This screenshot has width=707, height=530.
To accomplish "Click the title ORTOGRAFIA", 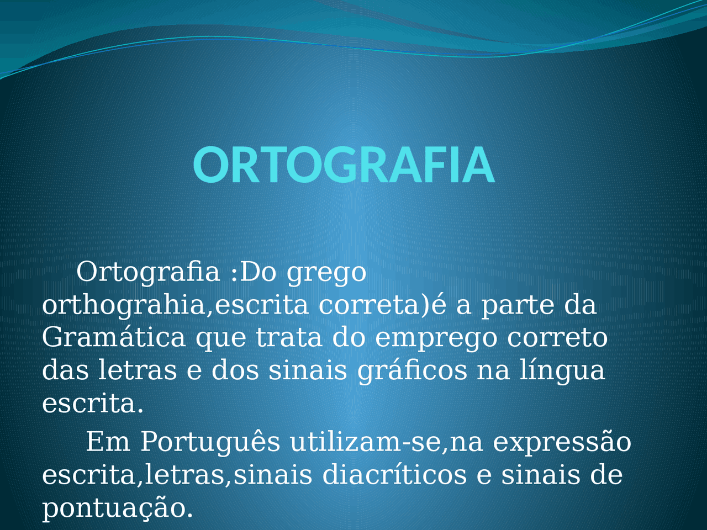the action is coord(344,165).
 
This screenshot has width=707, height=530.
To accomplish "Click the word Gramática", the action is coord(114,337).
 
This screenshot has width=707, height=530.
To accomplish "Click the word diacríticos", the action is coord(394,474).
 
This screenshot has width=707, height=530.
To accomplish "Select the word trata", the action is coord(289,338).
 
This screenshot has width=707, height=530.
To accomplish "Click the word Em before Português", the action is coord(108,442).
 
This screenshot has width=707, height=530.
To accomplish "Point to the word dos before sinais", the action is coord(235,369).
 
